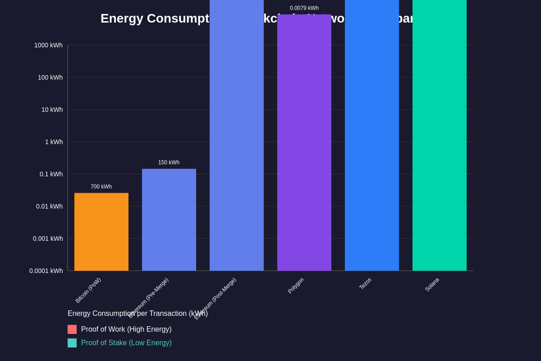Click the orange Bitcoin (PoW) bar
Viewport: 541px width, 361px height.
click(101, 232)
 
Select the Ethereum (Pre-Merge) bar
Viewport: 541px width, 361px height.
click(169, 220)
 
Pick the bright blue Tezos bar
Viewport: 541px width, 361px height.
click(372, 135)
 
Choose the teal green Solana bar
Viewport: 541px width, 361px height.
click(440, 135)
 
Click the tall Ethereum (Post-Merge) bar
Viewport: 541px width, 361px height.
click(237, 135)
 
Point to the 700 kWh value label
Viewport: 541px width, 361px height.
click(101, 187)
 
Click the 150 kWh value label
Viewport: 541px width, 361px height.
click(169, 162)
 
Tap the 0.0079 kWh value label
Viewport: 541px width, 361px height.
click(304, 8)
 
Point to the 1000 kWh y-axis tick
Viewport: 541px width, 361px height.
click(48, 45)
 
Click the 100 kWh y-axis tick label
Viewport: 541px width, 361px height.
click(50, 78)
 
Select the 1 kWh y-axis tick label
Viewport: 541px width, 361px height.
click(54, 142)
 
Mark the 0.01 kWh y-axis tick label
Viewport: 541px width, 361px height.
click(49, 207)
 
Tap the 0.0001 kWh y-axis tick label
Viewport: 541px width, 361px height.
click(46, 271)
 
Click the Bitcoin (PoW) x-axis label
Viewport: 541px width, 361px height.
click(88, 290)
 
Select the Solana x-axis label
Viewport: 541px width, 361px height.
click(432, 284)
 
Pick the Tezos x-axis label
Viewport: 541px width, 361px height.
click(365, 283)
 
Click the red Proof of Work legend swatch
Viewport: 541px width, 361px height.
click(72, 329)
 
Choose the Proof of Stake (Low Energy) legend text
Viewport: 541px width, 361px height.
click(126, 343)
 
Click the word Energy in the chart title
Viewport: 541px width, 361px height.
click(122, 19)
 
